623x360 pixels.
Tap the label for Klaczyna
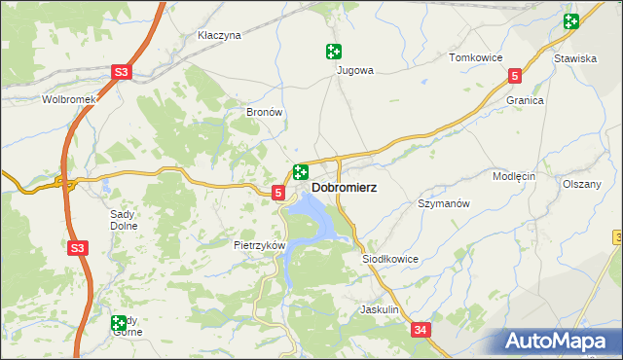point(218,35)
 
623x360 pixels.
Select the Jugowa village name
point(355,70)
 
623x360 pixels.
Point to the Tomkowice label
point(474,57)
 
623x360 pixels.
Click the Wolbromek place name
point(67,99)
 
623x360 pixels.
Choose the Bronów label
point(264,113)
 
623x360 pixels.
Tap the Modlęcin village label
point(515,176)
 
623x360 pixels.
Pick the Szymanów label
point(444,203)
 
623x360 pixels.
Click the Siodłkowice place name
point(390,260)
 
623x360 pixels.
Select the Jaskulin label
point(380,309)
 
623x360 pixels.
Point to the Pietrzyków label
point(259,245)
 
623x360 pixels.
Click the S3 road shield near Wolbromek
point(120,72)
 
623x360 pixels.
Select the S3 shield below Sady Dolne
point(79,249)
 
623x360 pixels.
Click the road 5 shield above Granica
point(515,74)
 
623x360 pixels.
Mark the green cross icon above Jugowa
point(334,52)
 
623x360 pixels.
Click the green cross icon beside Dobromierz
point(301,172)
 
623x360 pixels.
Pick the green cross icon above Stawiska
point(570,21)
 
